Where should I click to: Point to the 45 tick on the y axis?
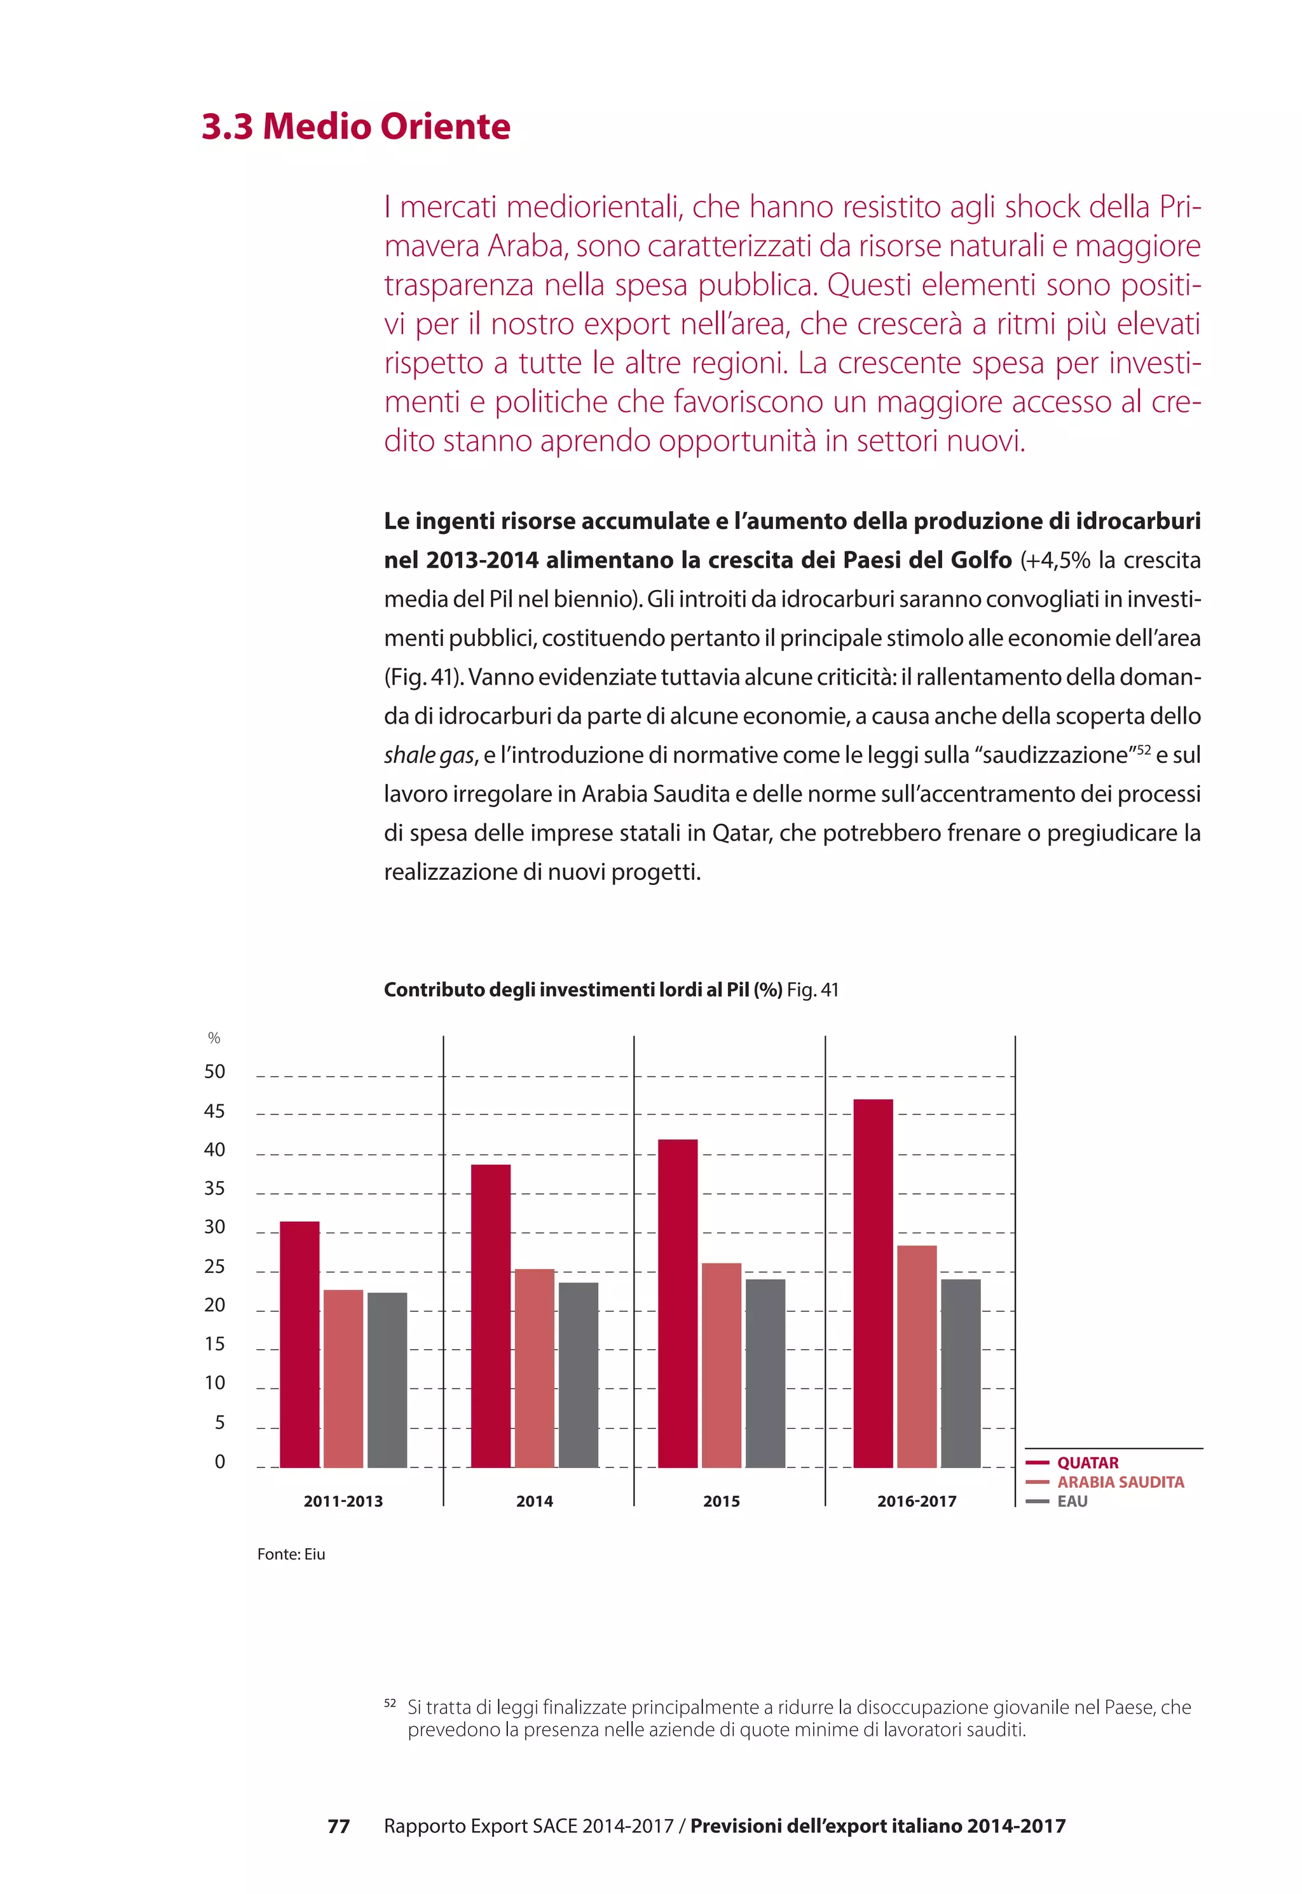coord(214,1111)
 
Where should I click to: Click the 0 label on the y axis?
coord(219,1462)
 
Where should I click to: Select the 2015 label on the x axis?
coord(721,1501)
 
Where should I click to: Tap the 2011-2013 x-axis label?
coord(343,1501)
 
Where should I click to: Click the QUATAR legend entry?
coord(1088,1462)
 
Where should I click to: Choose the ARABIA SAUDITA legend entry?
coord(1120,1482)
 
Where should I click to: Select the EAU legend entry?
coord(1072,1502)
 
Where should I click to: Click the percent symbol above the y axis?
coord(214,1038)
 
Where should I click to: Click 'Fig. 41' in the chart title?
coord(812,989)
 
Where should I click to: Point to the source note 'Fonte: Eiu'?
coord(291,1554)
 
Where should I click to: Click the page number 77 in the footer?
coord(339,1827)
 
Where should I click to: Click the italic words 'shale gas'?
coord(429,755)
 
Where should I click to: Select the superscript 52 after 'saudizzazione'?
coord(1143,749)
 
